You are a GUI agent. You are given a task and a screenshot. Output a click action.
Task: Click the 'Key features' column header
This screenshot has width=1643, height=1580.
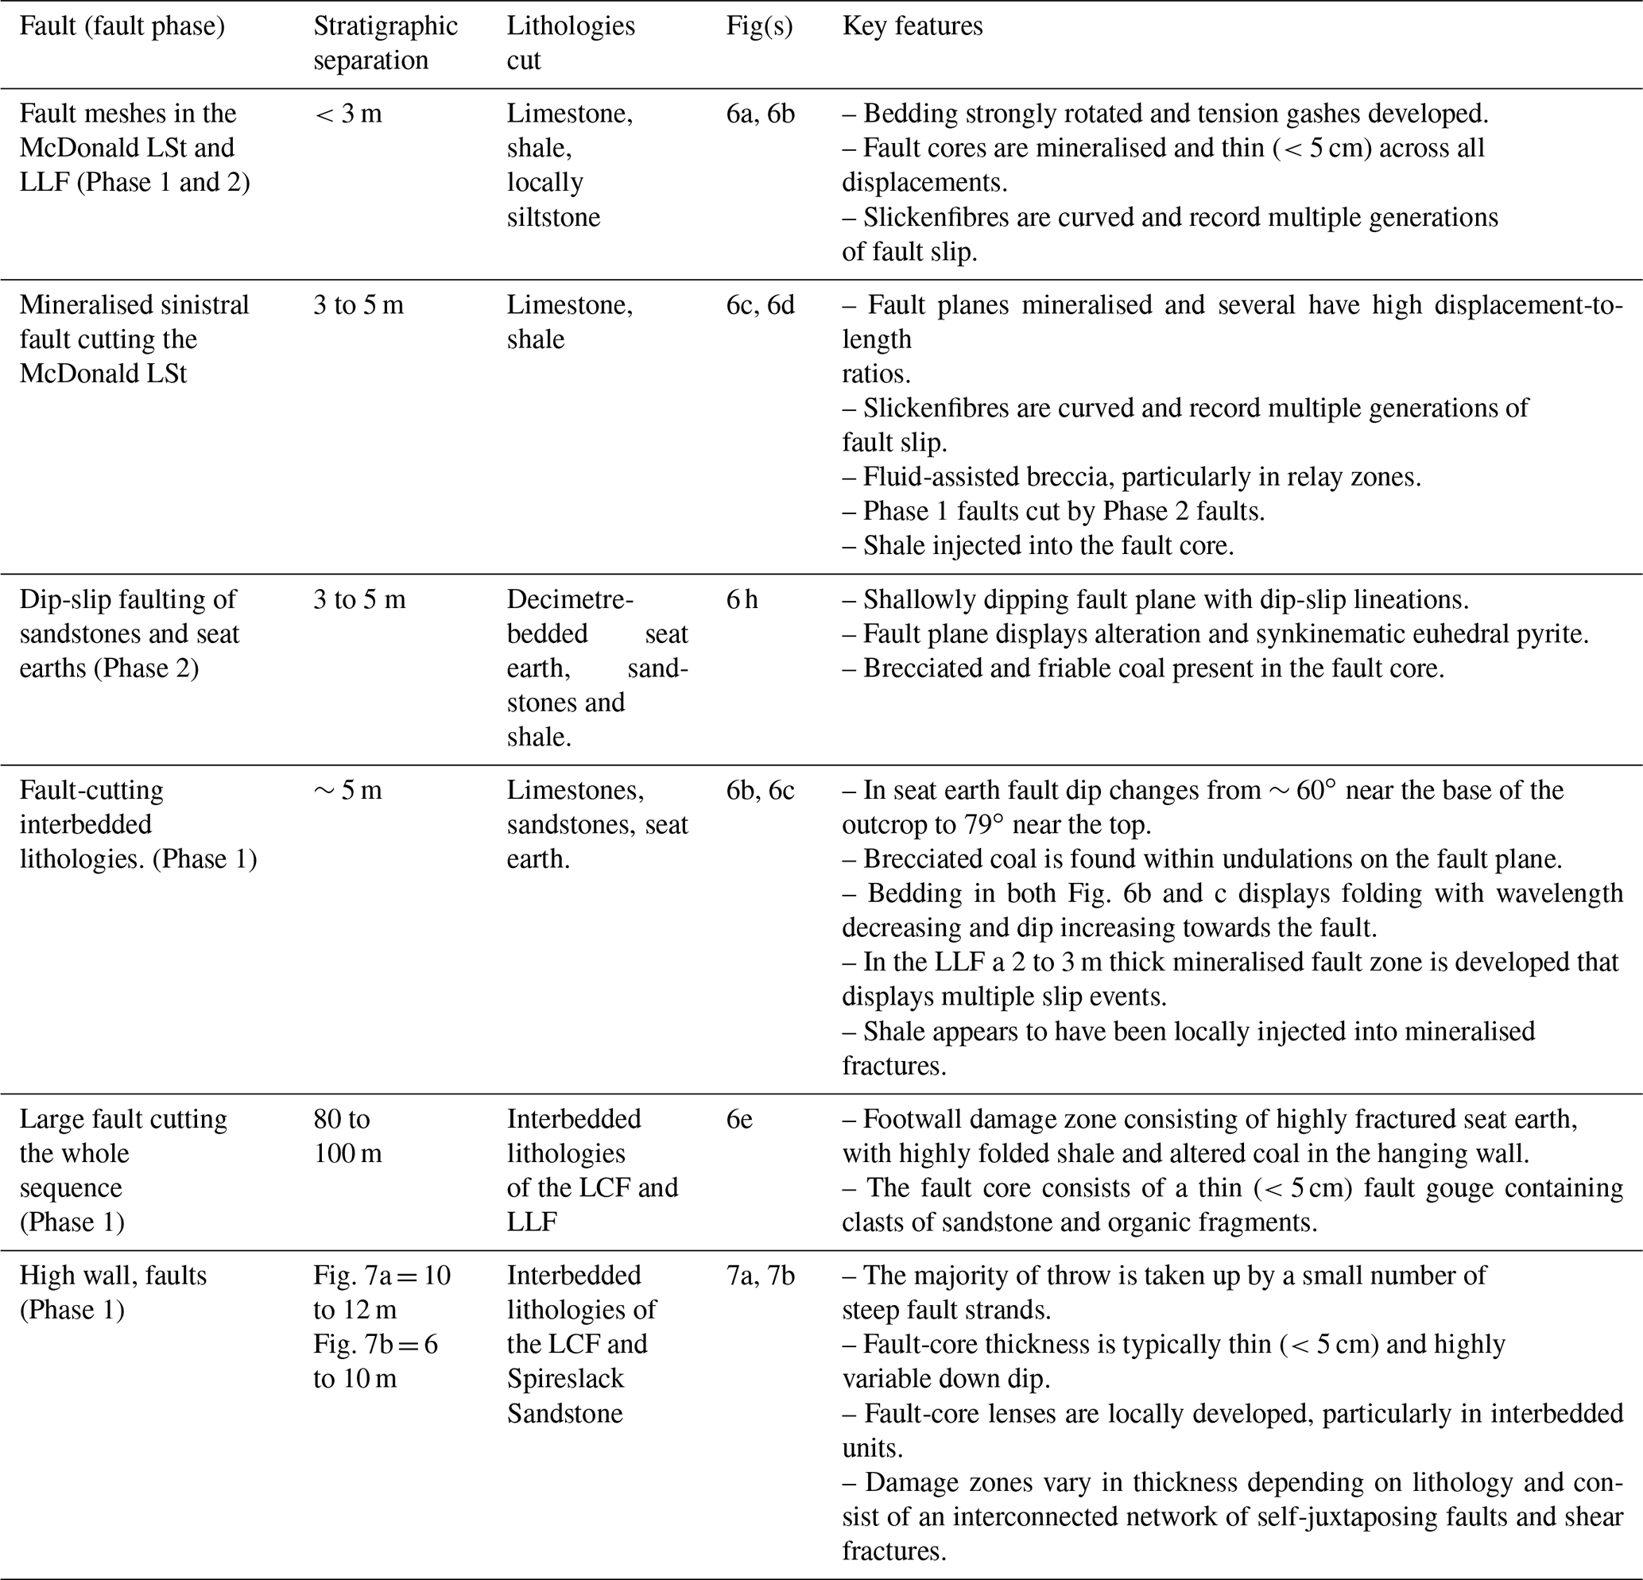912,26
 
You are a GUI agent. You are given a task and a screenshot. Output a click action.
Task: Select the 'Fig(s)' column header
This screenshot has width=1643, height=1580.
759,26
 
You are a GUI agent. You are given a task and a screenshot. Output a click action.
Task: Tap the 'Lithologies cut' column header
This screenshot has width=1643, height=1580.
571,43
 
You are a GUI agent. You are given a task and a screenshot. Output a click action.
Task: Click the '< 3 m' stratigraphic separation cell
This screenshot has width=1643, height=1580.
348,113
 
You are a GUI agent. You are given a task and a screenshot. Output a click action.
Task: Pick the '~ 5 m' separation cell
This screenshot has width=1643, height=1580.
348,791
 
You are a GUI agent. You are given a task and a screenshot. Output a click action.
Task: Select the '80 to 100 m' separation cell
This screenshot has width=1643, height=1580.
348,1136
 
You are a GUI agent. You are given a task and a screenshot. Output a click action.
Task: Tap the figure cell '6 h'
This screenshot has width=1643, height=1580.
742,599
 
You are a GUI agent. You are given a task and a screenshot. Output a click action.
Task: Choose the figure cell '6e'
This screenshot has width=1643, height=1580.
739,1119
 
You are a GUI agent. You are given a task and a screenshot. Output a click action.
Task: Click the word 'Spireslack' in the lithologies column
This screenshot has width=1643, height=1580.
566,1379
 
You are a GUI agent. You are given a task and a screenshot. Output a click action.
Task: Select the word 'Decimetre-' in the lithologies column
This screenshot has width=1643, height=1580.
570,599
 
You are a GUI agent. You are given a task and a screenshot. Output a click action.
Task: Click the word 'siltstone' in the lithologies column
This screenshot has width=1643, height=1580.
553,217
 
